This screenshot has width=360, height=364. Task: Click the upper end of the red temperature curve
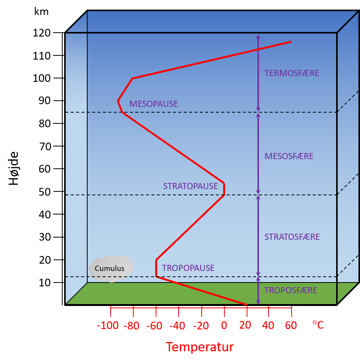[291, 42]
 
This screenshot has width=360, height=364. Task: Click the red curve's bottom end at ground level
[247, 304]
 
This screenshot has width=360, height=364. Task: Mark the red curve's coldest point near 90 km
[118, 101]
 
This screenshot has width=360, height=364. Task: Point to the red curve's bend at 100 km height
[132, 78]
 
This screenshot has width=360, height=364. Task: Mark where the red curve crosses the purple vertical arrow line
[258, 50]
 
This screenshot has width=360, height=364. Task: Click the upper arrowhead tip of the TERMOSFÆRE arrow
[258, 35]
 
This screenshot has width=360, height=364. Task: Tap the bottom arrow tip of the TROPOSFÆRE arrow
[258, 304]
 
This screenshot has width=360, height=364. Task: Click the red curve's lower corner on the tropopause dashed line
[156, 276]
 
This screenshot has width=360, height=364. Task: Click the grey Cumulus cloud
[111, 269]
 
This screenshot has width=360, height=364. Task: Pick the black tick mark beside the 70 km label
[58, 146]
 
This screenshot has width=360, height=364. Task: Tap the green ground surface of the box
[201, 293]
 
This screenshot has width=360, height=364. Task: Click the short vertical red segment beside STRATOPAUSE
[224, 189]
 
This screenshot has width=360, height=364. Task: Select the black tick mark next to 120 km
[58, 33]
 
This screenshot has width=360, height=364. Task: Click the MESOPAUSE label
[154, 104]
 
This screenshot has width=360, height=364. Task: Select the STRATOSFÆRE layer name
[292, 237]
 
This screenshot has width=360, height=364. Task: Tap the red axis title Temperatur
[200, 347]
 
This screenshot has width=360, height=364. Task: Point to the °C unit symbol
[318, 325]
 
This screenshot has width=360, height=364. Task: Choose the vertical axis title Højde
[14, 168]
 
